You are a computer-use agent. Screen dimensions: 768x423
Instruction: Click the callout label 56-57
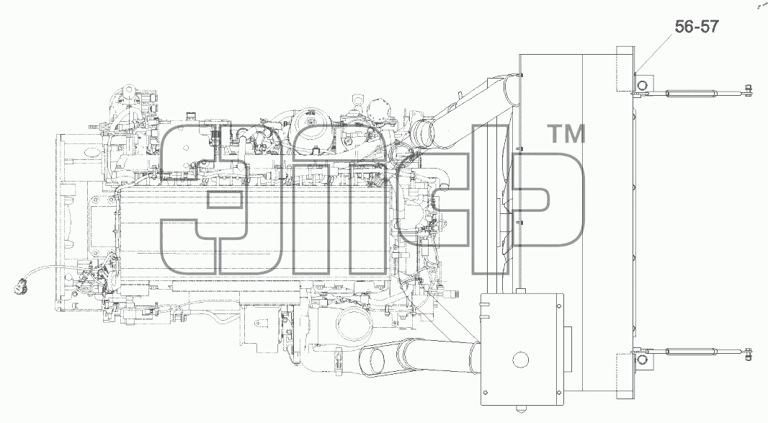click(697, 26)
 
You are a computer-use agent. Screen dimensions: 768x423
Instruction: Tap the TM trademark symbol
click(566, 134)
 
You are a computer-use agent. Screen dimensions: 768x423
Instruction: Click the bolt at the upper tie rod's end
click(747, 92)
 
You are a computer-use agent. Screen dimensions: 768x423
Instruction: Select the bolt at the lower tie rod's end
click(747, 352)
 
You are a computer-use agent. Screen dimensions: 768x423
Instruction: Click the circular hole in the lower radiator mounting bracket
click(642, 361)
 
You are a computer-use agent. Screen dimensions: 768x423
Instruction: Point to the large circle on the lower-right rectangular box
click(521, 360)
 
